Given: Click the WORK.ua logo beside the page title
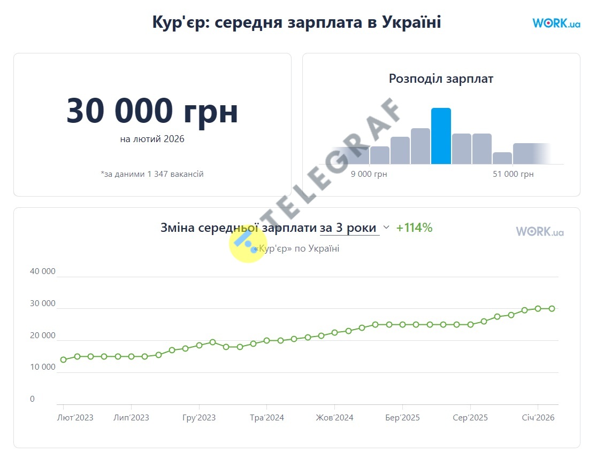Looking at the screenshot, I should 556,23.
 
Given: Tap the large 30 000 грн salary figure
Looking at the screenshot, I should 152,111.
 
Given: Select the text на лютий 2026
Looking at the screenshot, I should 152,139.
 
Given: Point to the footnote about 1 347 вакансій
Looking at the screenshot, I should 152,174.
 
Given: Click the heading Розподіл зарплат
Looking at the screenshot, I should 441,79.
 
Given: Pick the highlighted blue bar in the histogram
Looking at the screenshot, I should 441,136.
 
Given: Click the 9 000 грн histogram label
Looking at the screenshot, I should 369,174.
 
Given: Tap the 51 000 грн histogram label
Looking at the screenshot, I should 513,174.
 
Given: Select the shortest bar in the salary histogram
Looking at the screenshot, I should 502,158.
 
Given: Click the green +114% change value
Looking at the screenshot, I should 414,228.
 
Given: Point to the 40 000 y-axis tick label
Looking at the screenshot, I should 43,271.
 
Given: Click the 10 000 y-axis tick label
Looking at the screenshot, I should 43,367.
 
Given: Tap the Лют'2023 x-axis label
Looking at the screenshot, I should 75,418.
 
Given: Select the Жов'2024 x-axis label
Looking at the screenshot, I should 334,418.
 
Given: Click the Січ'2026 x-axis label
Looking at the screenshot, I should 538,418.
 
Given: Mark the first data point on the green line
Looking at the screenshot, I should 64,360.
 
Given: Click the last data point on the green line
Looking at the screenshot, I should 552,309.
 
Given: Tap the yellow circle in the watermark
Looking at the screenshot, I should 248,244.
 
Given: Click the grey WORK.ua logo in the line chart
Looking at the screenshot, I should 539,231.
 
